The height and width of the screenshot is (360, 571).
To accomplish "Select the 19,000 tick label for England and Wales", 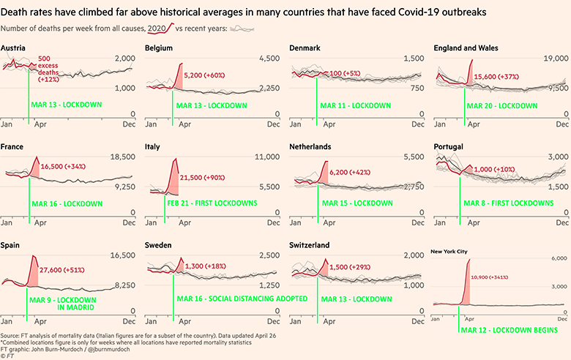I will pyautogui.click(x=552, y=59).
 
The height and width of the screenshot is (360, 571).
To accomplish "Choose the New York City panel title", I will pyautogui.click(x=449, y=252).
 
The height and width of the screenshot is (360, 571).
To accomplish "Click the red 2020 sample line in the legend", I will pyautogui.click(x=161, y=28).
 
